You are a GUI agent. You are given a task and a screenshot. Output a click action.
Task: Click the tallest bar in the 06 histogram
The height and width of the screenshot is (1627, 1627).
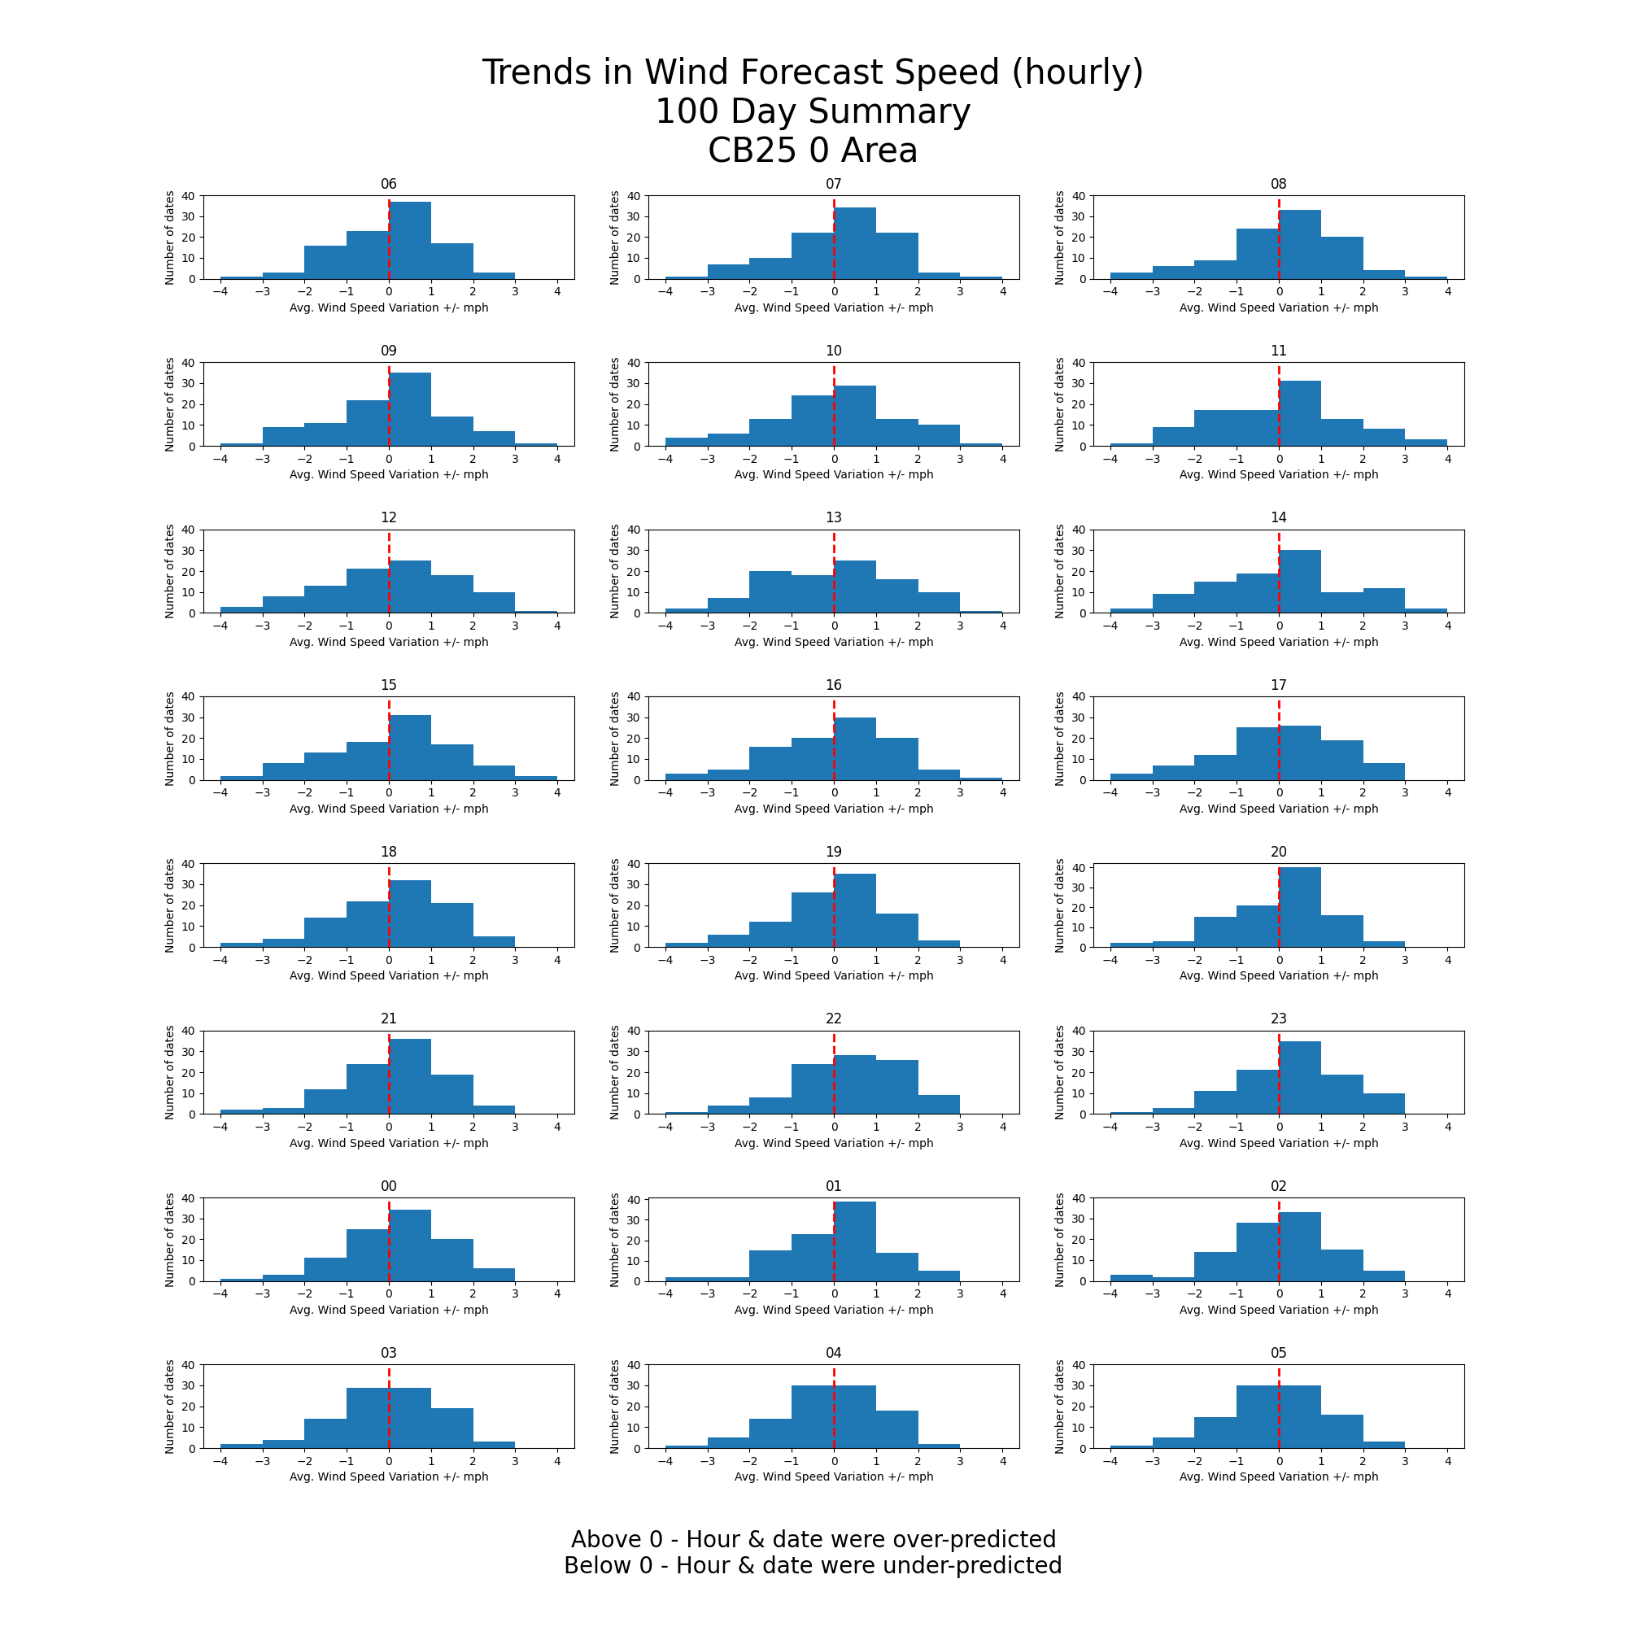pyautogui.click(x=409, y=240)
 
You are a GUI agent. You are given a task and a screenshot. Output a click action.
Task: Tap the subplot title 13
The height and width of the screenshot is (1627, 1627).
pyautogui.click(x=834, y=518)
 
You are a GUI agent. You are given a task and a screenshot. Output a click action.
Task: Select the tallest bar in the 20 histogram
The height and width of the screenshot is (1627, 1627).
pyautogui.click(x=1299, y=907)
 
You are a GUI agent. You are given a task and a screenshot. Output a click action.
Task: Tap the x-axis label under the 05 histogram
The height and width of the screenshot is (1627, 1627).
pyautogui.click(x=1278, y=1477)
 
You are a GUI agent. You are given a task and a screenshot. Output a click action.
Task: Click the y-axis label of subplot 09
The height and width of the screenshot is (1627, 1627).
pyautogui.click(x=170, y=404)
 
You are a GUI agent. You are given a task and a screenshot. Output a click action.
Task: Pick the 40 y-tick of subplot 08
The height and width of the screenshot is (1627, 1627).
pyautogui.click(x=1079, y=196)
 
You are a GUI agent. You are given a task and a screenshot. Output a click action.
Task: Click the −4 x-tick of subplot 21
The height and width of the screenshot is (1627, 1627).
pyautogui.click(x=220, y=1127)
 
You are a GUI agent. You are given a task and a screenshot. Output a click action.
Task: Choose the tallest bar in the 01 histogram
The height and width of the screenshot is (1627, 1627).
pyautogui.click(x=855, y=1241)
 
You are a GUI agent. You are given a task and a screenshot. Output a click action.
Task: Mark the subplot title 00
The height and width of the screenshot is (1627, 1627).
pyautogui.click(x=388, y=1187)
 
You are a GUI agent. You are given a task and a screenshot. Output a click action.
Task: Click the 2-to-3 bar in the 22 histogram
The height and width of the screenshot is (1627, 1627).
pyautogui.click(x=938, y=1104)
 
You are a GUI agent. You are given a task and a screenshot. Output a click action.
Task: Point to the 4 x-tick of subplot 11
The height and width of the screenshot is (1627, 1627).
pyautogui.click(x=1448, y=459)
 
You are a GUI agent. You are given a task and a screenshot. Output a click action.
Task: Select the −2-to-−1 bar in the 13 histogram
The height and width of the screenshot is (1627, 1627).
pyautogui.click(x=770, y=592)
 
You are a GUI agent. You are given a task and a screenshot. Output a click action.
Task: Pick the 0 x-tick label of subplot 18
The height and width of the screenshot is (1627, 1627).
pyautogui.click(x=388, y=960)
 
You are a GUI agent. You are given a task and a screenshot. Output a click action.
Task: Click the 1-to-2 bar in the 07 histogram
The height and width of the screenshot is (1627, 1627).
pyautogui.click(x=896, y=256)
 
